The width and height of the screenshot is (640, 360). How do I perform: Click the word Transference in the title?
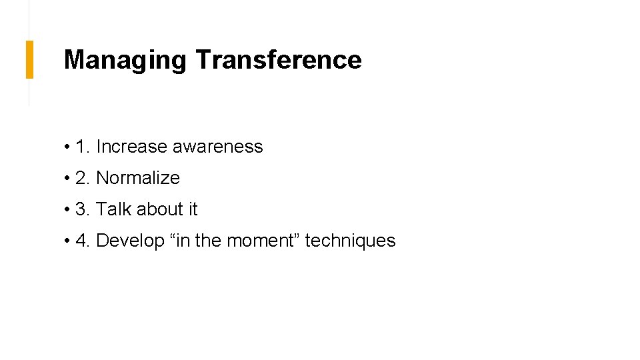coord(279,60)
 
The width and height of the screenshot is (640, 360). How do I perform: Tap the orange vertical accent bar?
coord(29,59)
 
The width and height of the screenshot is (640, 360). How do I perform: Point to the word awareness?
coord(218,147)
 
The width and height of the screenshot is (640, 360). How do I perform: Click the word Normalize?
coord(138,178)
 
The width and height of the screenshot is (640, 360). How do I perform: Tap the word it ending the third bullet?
coord(193,209)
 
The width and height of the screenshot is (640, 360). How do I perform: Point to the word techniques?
coord(350,241)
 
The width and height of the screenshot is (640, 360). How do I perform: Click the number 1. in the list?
coord(83,147)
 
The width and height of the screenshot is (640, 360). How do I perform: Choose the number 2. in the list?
coord(83,178)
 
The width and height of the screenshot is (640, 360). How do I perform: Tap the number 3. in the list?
coord(83,209)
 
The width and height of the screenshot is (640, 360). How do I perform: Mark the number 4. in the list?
coord(83,241)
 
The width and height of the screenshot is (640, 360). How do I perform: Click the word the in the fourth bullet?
coord(208,241)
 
